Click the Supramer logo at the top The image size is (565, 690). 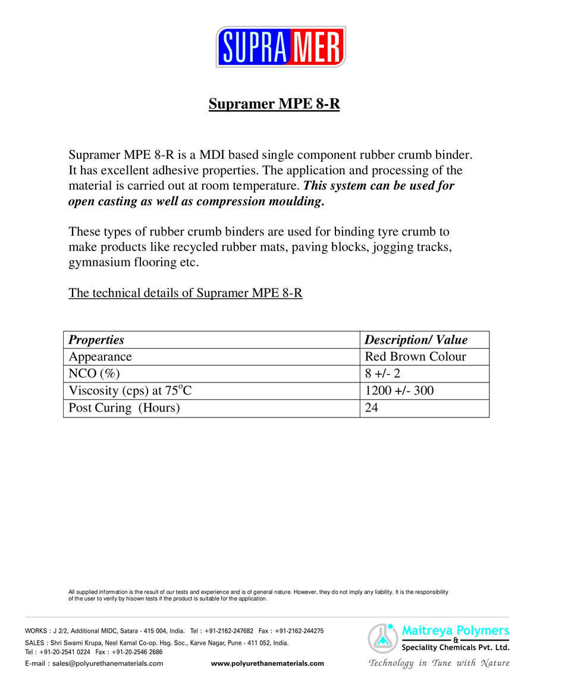click(x=281, y=46)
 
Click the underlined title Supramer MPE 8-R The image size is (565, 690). click(x=274, y=104)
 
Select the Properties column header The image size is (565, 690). click(x=96, y=340)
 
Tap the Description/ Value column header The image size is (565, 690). click(x=416, y=340)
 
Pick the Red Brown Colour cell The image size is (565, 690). click(x=415, y=357)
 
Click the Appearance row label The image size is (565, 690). click(x=100, y=357)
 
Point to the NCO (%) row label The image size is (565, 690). click(x=95, y=374)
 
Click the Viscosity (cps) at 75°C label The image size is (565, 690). click(x=130, y=391)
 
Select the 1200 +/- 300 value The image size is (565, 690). click(x=399, y=391)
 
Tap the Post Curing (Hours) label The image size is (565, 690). click(x=124, y=408)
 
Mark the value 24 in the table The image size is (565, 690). click(x=372, y=408)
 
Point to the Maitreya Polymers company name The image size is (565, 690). click(x=456, y=630)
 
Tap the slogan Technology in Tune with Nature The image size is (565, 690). click(x=439, y=663)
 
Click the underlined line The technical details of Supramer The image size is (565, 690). click(x=186, y=293)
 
